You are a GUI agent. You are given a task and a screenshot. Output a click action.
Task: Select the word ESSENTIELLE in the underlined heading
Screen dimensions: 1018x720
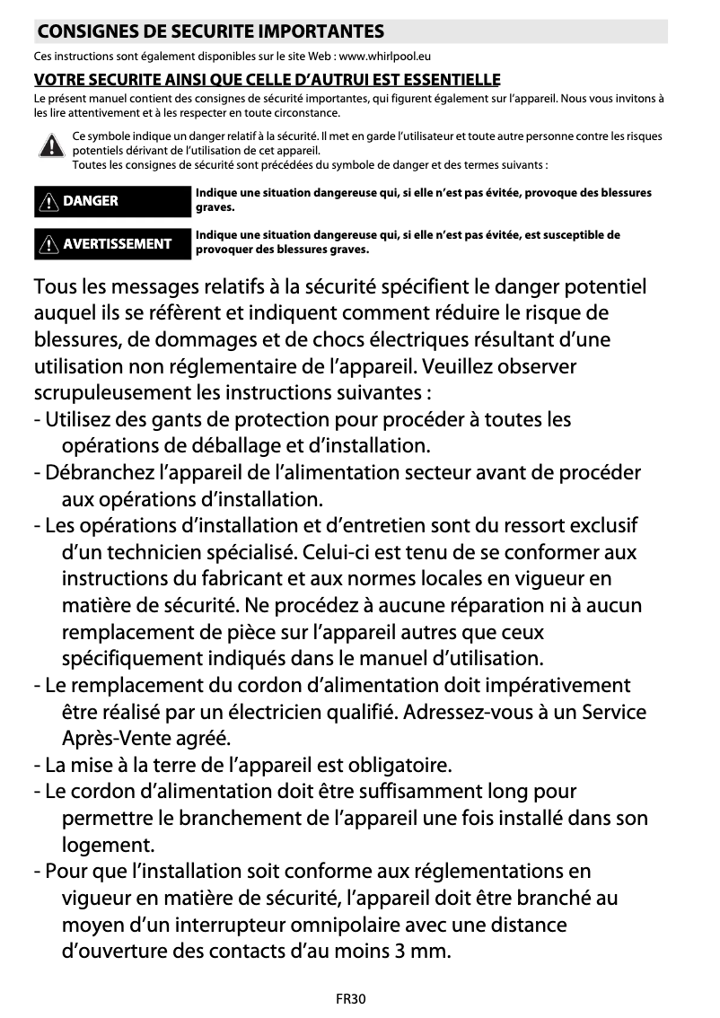(451, 80)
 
